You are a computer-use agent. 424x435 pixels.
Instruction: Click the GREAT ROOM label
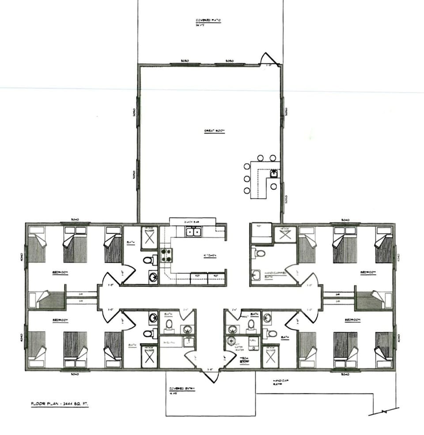click(x=214, y=131)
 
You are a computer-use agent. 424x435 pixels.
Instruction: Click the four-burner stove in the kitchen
click(x=166, y=255)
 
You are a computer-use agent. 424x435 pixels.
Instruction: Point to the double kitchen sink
click(x=192, y=231)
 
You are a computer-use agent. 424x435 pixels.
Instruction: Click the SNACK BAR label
click(x=192, y=220)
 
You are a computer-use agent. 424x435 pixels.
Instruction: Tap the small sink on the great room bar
click(x=274, y=173)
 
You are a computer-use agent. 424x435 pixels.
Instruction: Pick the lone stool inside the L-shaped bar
click(x=273, y=186)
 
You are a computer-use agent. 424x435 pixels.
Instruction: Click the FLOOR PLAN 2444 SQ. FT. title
click(x=59, y=404)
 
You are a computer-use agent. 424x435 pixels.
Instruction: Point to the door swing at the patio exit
click(x=268, y=59)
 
